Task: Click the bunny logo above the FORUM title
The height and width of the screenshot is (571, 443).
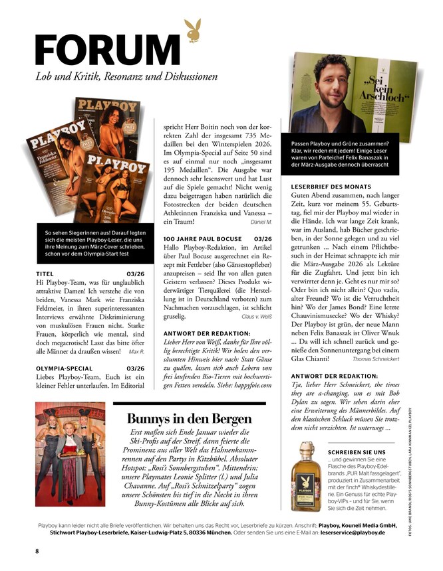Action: click(192, 30)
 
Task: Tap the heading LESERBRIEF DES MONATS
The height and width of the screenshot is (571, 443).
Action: click(331, 187)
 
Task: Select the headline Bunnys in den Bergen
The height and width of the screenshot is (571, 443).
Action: click(190, 419)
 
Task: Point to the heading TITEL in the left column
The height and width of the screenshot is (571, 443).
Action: click(44, 272)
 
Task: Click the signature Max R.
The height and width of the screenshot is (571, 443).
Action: click(136, 351)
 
